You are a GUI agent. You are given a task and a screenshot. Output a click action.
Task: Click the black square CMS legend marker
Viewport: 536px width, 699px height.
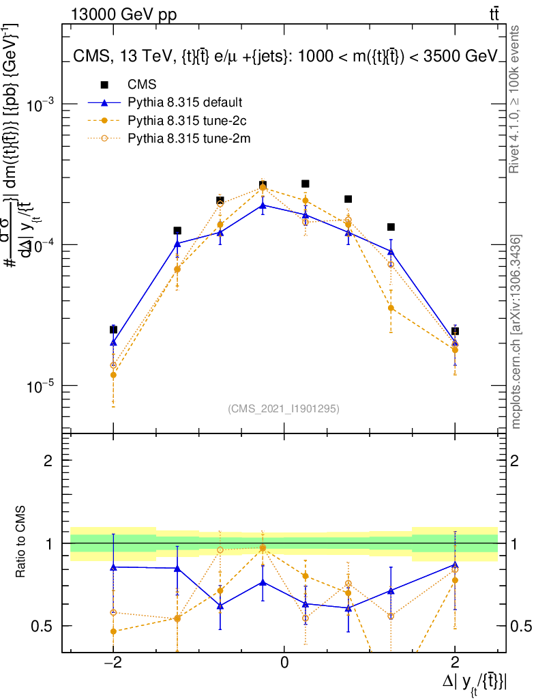[104, 85]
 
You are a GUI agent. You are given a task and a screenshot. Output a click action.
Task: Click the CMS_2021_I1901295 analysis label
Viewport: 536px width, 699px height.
[284, 408]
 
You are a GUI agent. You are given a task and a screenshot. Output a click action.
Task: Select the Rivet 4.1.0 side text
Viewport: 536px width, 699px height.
[516, 100]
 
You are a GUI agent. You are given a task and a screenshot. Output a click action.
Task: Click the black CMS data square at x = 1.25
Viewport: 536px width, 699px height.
[391, 227]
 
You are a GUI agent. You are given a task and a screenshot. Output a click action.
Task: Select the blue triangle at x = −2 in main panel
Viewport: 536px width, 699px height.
[113, 342]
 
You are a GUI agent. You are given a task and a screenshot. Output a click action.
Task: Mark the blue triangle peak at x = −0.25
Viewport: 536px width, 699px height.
[263, 205]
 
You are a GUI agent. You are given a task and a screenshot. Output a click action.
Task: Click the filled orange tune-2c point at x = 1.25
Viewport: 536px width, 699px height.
[391, 308]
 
